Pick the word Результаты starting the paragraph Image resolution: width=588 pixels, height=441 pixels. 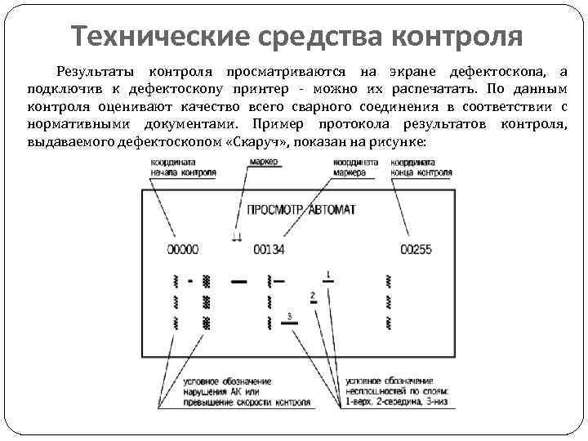click(91, 71)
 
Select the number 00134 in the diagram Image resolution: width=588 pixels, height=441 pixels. click(269, 249)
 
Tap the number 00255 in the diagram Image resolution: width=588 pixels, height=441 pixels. click(416, 249)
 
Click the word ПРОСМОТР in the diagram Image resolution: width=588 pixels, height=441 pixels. click(275, 209)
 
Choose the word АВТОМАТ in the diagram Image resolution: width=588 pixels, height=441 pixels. click(332, 209)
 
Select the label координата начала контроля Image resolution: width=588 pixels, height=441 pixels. click(183, 167)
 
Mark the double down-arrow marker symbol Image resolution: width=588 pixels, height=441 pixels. click(237, 238)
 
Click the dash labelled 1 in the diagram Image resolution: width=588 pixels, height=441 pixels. click(328, 281)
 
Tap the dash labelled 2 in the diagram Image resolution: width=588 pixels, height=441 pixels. click(313, 302)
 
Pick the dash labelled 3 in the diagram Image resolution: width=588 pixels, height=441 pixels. click(290, 323)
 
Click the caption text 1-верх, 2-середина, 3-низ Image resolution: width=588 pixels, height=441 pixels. click(396, 402)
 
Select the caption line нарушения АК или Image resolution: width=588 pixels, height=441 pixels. click(212, 391)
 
